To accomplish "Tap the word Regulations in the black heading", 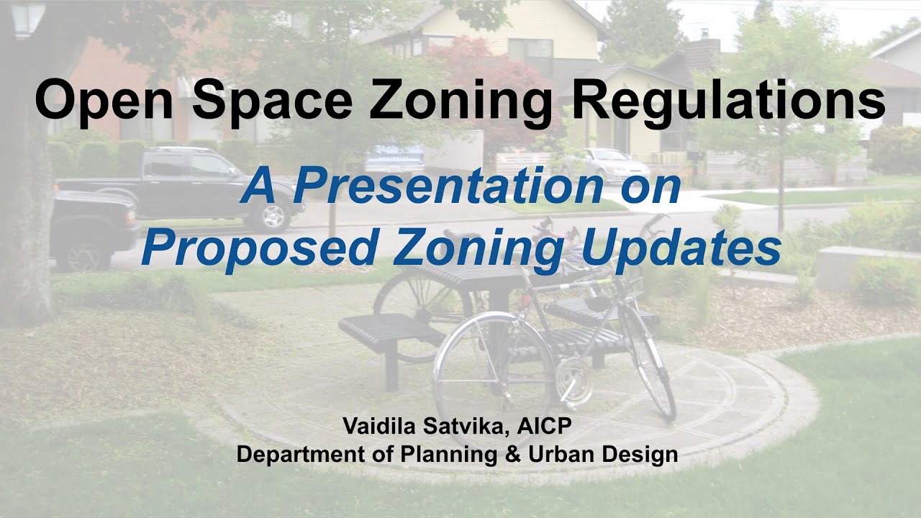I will [728, 100].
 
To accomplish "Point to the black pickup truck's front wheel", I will [272, 215].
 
